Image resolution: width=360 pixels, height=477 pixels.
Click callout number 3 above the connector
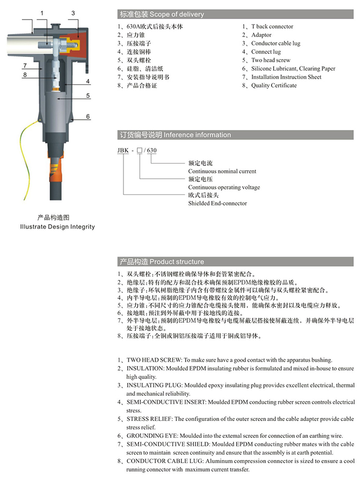pyautogui.click(x=73, y=13)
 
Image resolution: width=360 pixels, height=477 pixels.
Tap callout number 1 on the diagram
pyautogui.click(x=42, y=13)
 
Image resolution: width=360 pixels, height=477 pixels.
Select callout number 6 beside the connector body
pyautogui.click(x=88, y=117)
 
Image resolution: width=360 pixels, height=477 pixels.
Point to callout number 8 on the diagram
pyautogui.click(x=25, y=76)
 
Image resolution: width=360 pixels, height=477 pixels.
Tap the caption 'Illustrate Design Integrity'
pyautogui.click(x=57, y=227)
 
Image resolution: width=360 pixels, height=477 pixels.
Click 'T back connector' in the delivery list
pyautogui.click(x=272, y=27)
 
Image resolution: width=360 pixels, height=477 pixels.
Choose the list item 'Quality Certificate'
pyautogui.click(x=274, y=86)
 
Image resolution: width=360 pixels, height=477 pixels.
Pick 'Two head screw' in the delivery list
pyautogui.click(x=271, y=61)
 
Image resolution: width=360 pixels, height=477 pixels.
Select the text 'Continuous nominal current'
pyautogui.click(x=222, y=171)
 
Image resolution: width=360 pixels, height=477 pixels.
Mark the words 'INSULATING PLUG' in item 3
pyautogui.click(x=153, y=386)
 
